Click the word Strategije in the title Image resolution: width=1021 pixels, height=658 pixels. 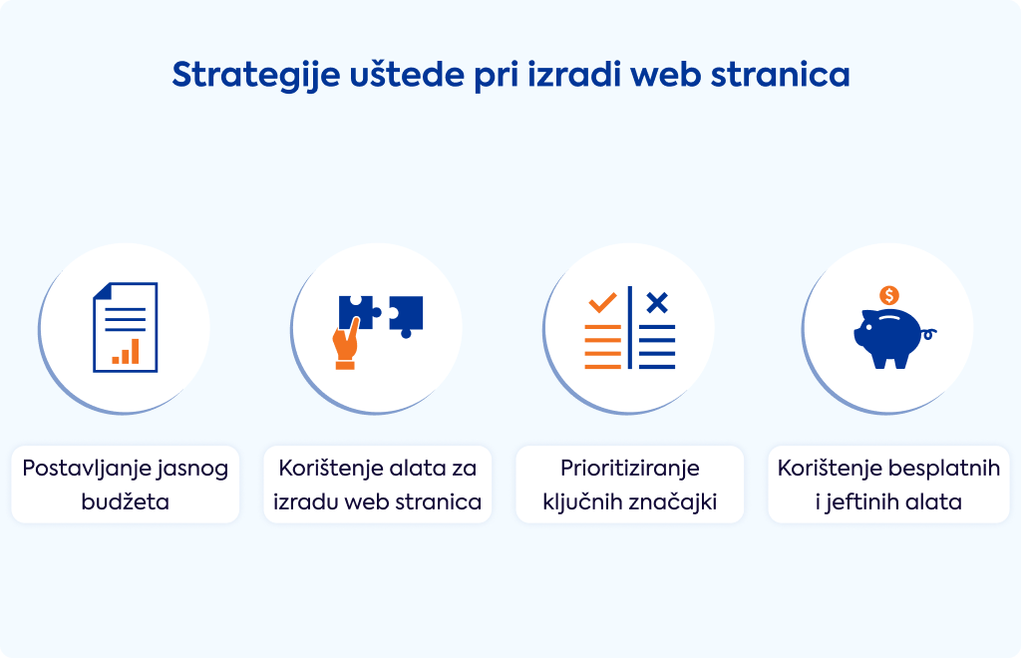pyautogui.click(x=256, y=76)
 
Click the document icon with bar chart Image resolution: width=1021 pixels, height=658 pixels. pyautogui.click(x=125, y=327)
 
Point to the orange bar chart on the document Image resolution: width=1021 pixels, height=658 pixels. pyautogui.click(x=126, y=352)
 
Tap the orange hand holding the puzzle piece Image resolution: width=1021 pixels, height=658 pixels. pyautogui.click(x=346, y=344)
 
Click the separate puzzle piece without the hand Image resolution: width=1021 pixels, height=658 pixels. pyautogui.click(x=406, y=316)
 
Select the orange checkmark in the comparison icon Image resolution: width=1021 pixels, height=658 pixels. pyautogui.click(x=602, y=303)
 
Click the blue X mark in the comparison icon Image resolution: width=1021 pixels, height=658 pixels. pyautogui.click(x=657, y=303)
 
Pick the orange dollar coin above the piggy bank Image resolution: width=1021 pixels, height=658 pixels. pyautogui.click(x=888, y=295)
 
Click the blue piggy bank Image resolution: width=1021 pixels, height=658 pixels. pyautogui.click(x=888, y=338)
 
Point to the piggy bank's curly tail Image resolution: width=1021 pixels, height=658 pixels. pyautogui.click(x=929, y=335)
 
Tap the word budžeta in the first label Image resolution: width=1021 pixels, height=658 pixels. pyautogui.click(x=125, y=501)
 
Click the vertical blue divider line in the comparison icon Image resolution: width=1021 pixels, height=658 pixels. pyautogui.click(x=630, y=327)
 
